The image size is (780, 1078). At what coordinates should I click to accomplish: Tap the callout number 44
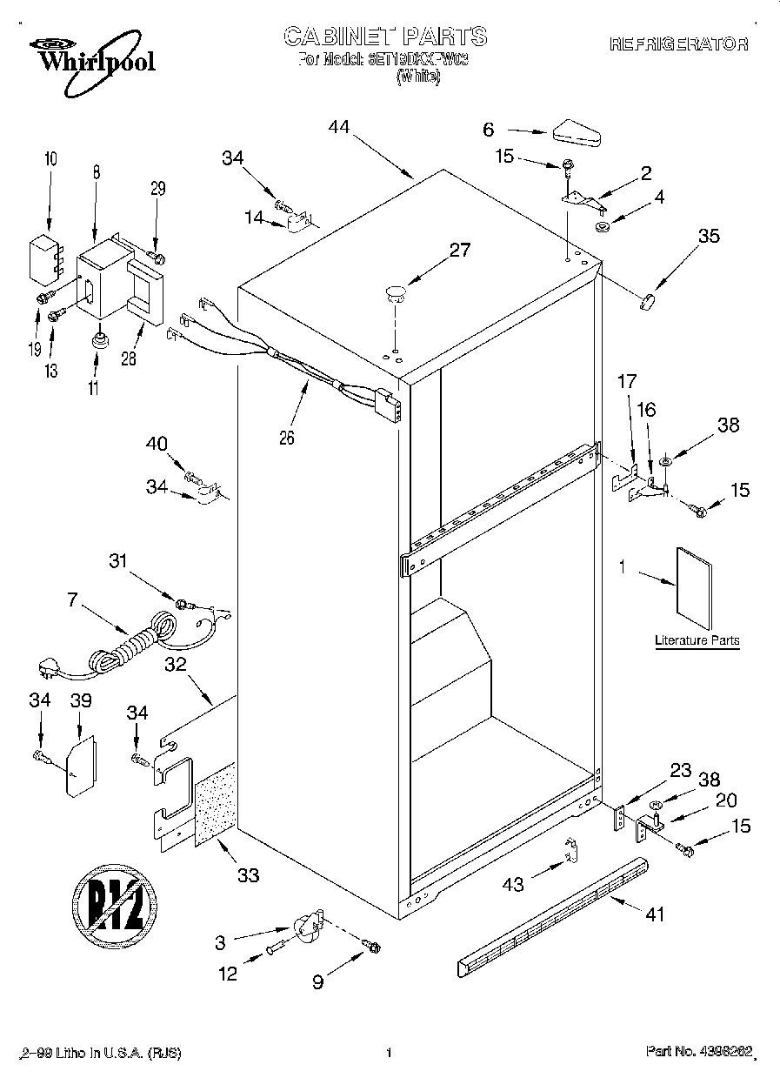click(339, 127)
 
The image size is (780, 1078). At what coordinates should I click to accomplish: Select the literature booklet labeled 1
click(693, 586)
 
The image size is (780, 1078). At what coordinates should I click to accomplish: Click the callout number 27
click(459, 251)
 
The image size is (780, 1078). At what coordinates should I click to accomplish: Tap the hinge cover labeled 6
click(577, 133)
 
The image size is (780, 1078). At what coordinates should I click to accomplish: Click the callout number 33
click(249, 875)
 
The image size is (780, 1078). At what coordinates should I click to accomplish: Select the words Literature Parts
click(697, 640)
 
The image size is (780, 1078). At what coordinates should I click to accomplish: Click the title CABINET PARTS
click(385, 37)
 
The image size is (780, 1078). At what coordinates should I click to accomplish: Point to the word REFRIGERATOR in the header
click(678, 44)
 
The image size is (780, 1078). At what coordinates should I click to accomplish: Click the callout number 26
click(286, 438)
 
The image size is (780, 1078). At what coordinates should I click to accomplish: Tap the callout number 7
click(72, 598)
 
